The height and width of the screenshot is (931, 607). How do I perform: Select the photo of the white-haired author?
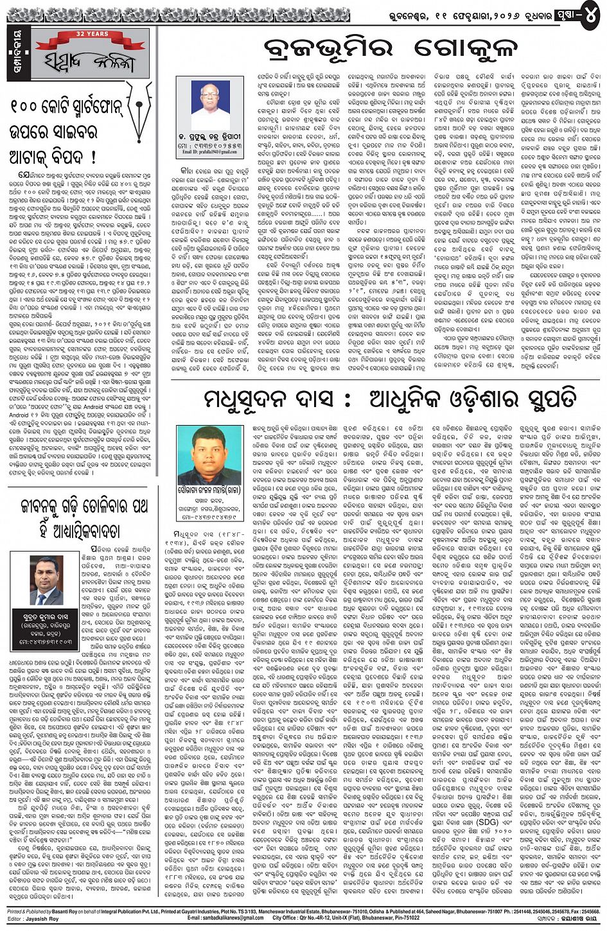tap(210, 106)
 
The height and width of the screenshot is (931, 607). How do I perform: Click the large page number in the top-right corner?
tap(588, 13)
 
